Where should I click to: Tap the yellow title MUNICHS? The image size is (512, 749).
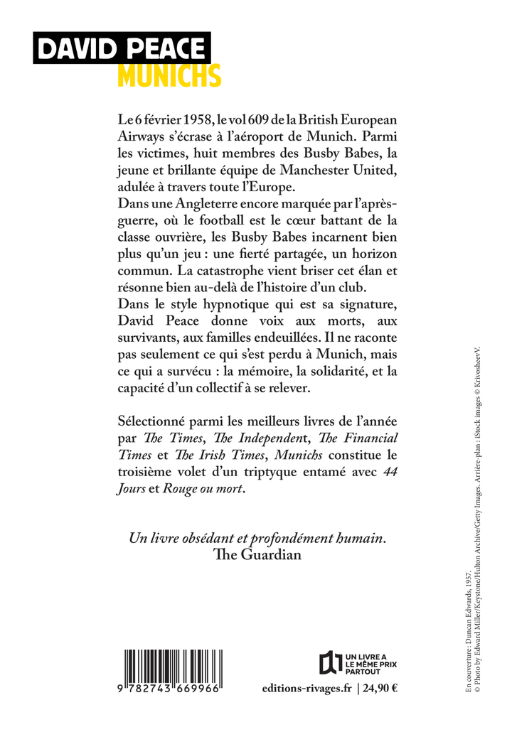tap(169, 75)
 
